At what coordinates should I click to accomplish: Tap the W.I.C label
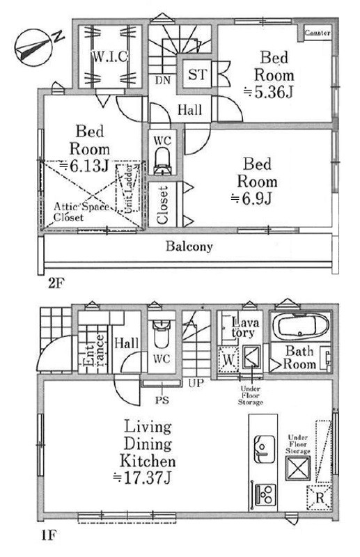tap(110, 56)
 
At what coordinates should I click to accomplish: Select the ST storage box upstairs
tap(196, 74)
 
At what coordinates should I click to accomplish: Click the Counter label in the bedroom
tap(318, 33)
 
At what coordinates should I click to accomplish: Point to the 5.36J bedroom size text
tap(269, 93)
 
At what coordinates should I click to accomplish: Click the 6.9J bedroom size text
tap(251, 198)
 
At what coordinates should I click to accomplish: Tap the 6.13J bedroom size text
tap(84, 166)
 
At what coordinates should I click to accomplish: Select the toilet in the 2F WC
tap(162, 161)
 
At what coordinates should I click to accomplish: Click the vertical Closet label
tap(162, 205)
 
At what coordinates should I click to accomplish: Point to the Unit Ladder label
tap(128, 188)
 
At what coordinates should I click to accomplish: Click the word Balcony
tap(189, 246)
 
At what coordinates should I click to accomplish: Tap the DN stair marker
tap(163, 80)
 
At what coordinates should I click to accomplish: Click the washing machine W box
tap(228, 360)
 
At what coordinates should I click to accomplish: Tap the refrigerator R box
tap(320, 498)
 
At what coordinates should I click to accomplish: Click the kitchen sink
tap(265, 448)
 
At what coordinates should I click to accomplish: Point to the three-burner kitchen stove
tap(265, 494)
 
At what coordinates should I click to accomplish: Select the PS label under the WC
tap(162, 400)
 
